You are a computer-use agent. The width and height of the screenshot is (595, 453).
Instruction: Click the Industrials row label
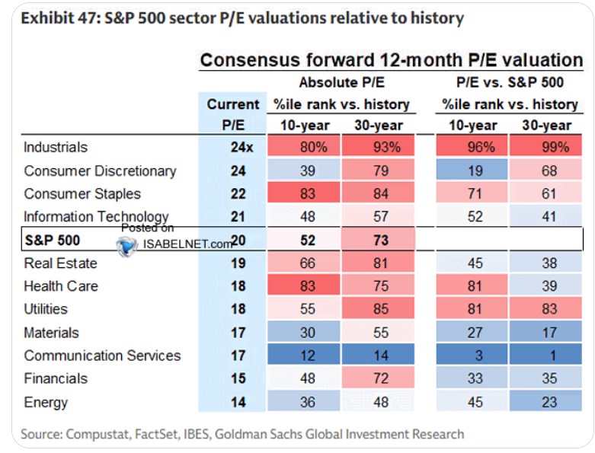tap(56, 147)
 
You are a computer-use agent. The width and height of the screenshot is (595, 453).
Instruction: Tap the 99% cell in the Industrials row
tap(545, 147)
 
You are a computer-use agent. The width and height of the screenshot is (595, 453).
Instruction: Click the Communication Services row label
tap(102, 356)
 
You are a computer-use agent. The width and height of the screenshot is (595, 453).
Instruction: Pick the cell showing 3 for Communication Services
tap(472, 356)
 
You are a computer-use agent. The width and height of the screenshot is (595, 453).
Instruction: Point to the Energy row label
tap(46, 402)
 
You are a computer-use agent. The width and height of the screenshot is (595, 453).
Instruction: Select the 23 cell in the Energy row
tap(545, 402)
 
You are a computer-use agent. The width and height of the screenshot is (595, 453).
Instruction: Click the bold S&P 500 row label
tap(53, 240)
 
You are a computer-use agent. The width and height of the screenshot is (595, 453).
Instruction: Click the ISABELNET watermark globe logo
tap(126, 245)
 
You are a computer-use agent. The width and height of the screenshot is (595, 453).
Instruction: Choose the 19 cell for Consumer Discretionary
tap(472, 171)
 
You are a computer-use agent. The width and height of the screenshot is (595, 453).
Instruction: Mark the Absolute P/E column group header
tap(341, 82)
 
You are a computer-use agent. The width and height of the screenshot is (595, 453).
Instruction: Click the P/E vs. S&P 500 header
tap(510, 82)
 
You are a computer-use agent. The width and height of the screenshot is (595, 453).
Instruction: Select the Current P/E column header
tap(233, 114)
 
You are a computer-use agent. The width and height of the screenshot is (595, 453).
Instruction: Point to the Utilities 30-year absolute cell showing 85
tap(378, 308)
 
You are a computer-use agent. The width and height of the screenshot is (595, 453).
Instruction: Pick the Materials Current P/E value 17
tap(238, 333)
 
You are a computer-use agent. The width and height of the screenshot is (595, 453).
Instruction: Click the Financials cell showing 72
tap(378, 378)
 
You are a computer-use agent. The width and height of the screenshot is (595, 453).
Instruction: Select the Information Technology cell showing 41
tap(545, 216)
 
